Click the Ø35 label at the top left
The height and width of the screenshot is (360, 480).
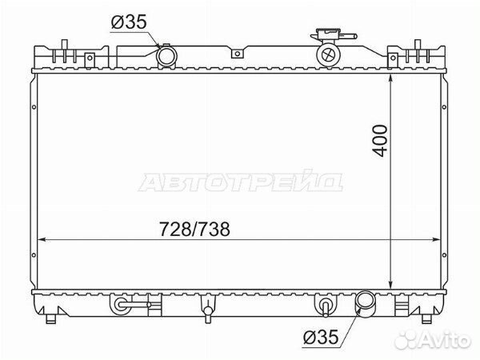pyautogui.click(x=129, y=22)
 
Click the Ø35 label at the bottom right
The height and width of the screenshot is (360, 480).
pyautogui.click(x=321, y=338)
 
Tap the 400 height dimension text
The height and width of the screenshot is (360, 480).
pyautogui.click(x=380, y=141)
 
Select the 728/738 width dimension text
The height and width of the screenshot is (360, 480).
pyautogui.click(x=194, y=229)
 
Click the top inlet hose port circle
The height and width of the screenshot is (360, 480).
pyautogui.click(x=166, y=56)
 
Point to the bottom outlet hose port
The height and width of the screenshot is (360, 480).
pyautogui.click(x=365, y=301)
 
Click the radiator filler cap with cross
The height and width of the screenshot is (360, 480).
pyautogui.click(x=328, y=55)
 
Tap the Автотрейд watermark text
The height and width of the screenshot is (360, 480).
pyautogui.click(x=241, y=182)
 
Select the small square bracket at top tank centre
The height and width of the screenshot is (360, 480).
pyautogui.click(x=237, y=54)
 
